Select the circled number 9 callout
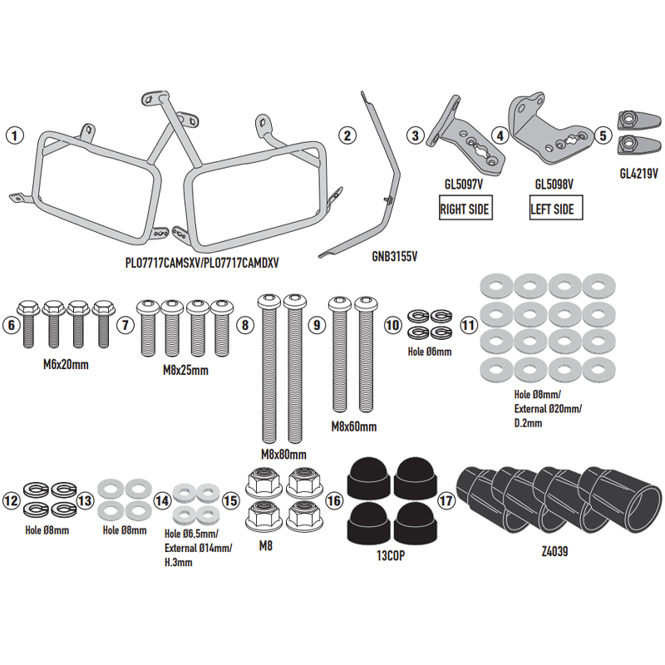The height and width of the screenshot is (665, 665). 316,326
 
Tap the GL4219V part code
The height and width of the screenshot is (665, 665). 638,174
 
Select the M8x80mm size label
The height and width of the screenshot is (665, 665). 283,455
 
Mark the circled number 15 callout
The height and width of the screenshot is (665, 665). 231,501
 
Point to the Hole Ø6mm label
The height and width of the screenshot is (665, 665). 430,352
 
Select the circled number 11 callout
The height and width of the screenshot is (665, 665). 469,325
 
